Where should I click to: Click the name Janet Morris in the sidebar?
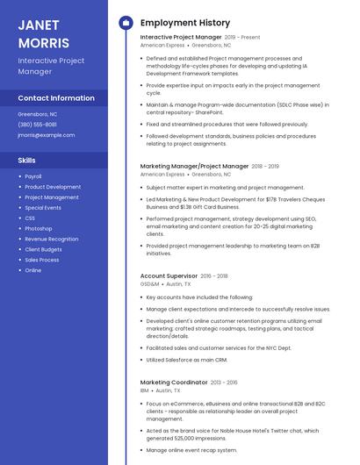click(x=43, y=33)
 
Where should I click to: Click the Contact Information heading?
click(x=56, y=98)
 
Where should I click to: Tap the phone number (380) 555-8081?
click(x=37, y=125)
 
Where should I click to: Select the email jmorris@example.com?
click(x=47, y=135)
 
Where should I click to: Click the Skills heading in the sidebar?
click(x=27, y=161)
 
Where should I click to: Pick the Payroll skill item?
click(x=33, y=176)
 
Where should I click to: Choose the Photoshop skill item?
click(x=39, y=228)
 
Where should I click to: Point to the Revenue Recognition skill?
click(x=51, y=239)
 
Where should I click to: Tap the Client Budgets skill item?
click(x=43, y=249)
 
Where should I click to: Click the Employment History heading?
click(x=184, y=23)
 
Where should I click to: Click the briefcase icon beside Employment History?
click(x=125, y=23)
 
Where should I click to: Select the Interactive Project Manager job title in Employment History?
click(x=181, y=38)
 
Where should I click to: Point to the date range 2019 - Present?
click(x=242, y=38)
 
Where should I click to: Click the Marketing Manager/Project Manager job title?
click(x=194, y=166)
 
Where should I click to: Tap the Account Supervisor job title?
click(x=169, y=275)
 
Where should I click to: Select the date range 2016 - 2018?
click(x=214, y=275)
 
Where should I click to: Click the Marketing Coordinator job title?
click(x=174, y=383)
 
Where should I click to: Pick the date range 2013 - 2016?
click(x=224, y=383)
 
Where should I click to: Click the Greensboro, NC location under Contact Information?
click(x=38, y=114)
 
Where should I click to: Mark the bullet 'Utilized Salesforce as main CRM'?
click(x=187, y=360)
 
